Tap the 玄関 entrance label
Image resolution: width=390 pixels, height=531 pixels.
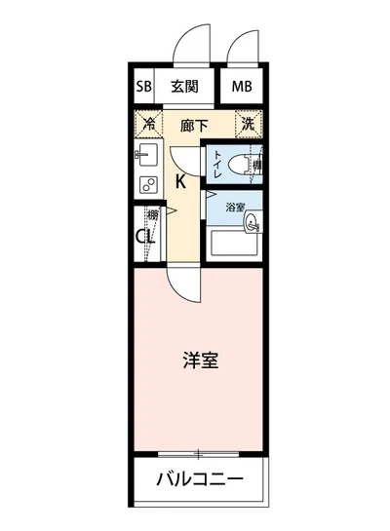click(x=185, y=86)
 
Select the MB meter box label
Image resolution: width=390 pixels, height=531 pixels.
click(x=241, y=87)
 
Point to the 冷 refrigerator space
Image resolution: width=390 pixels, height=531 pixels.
click(x=149, y=124)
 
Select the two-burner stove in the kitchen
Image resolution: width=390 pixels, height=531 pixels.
click(x=148, y=184)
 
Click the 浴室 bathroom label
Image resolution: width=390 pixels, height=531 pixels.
click(x=235, y=207)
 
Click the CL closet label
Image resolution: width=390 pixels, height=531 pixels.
click(x=145, y=237)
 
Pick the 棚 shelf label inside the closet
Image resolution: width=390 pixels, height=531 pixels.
click(x=152, y=216)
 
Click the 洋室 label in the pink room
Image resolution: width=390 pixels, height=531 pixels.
click(x=200, y=360)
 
